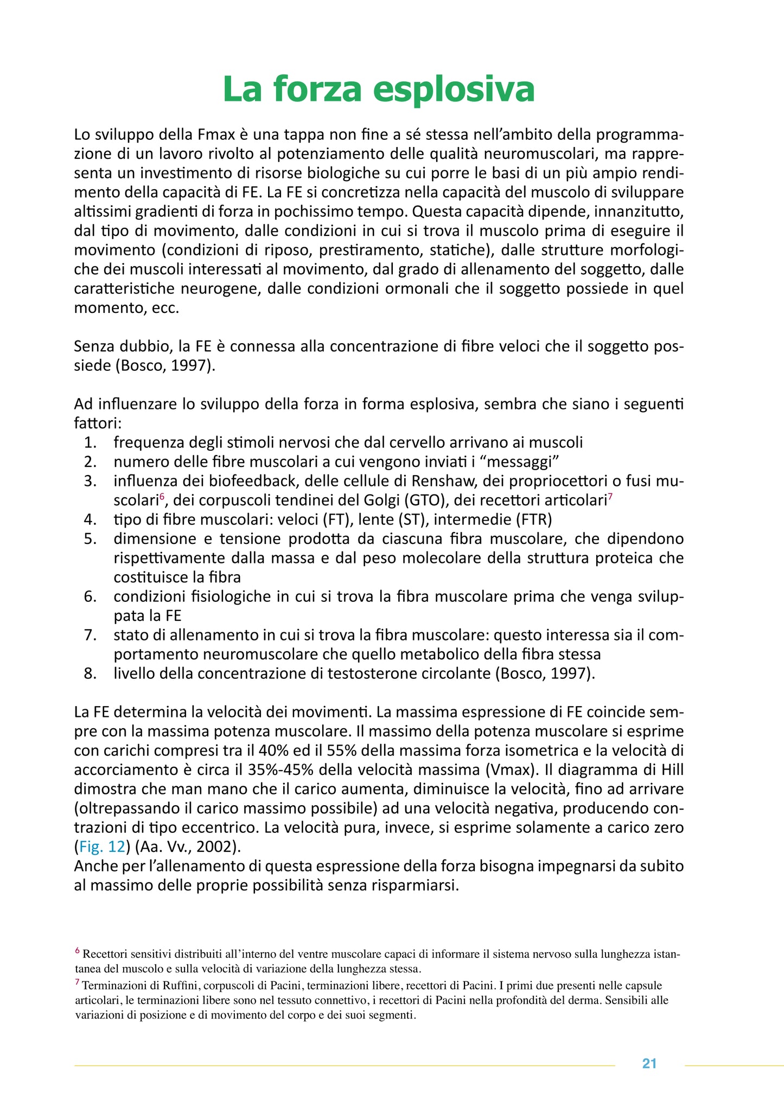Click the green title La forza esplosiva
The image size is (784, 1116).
point(378,89)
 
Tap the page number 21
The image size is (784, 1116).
point(649,1064)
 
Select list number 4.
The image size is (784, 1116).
point(90,519)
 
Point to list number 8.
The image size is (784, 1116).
point(90,674)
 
